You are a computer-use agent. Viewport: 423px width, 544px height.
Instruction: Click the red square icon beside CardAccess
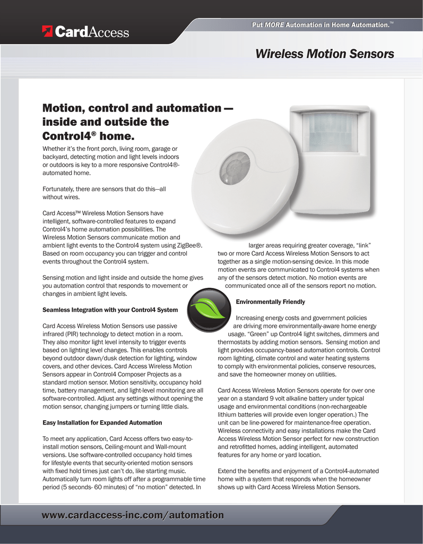[48, 32]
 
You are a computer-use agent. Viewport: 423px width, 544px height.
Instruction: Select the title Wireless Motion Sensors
[324, 54]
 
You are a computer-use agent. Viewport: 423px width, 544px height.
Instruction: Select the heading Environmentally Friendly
[270, 302]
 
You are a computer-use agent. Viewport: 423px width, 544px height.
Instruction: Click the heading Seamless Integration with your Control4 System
[110, 310]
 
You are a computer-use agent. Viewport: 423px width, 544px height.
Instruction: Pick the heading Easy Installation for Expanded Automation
[102, 423]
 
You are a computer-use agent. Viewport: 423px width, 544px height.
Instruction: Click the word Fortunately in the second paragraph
[59, 189]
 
